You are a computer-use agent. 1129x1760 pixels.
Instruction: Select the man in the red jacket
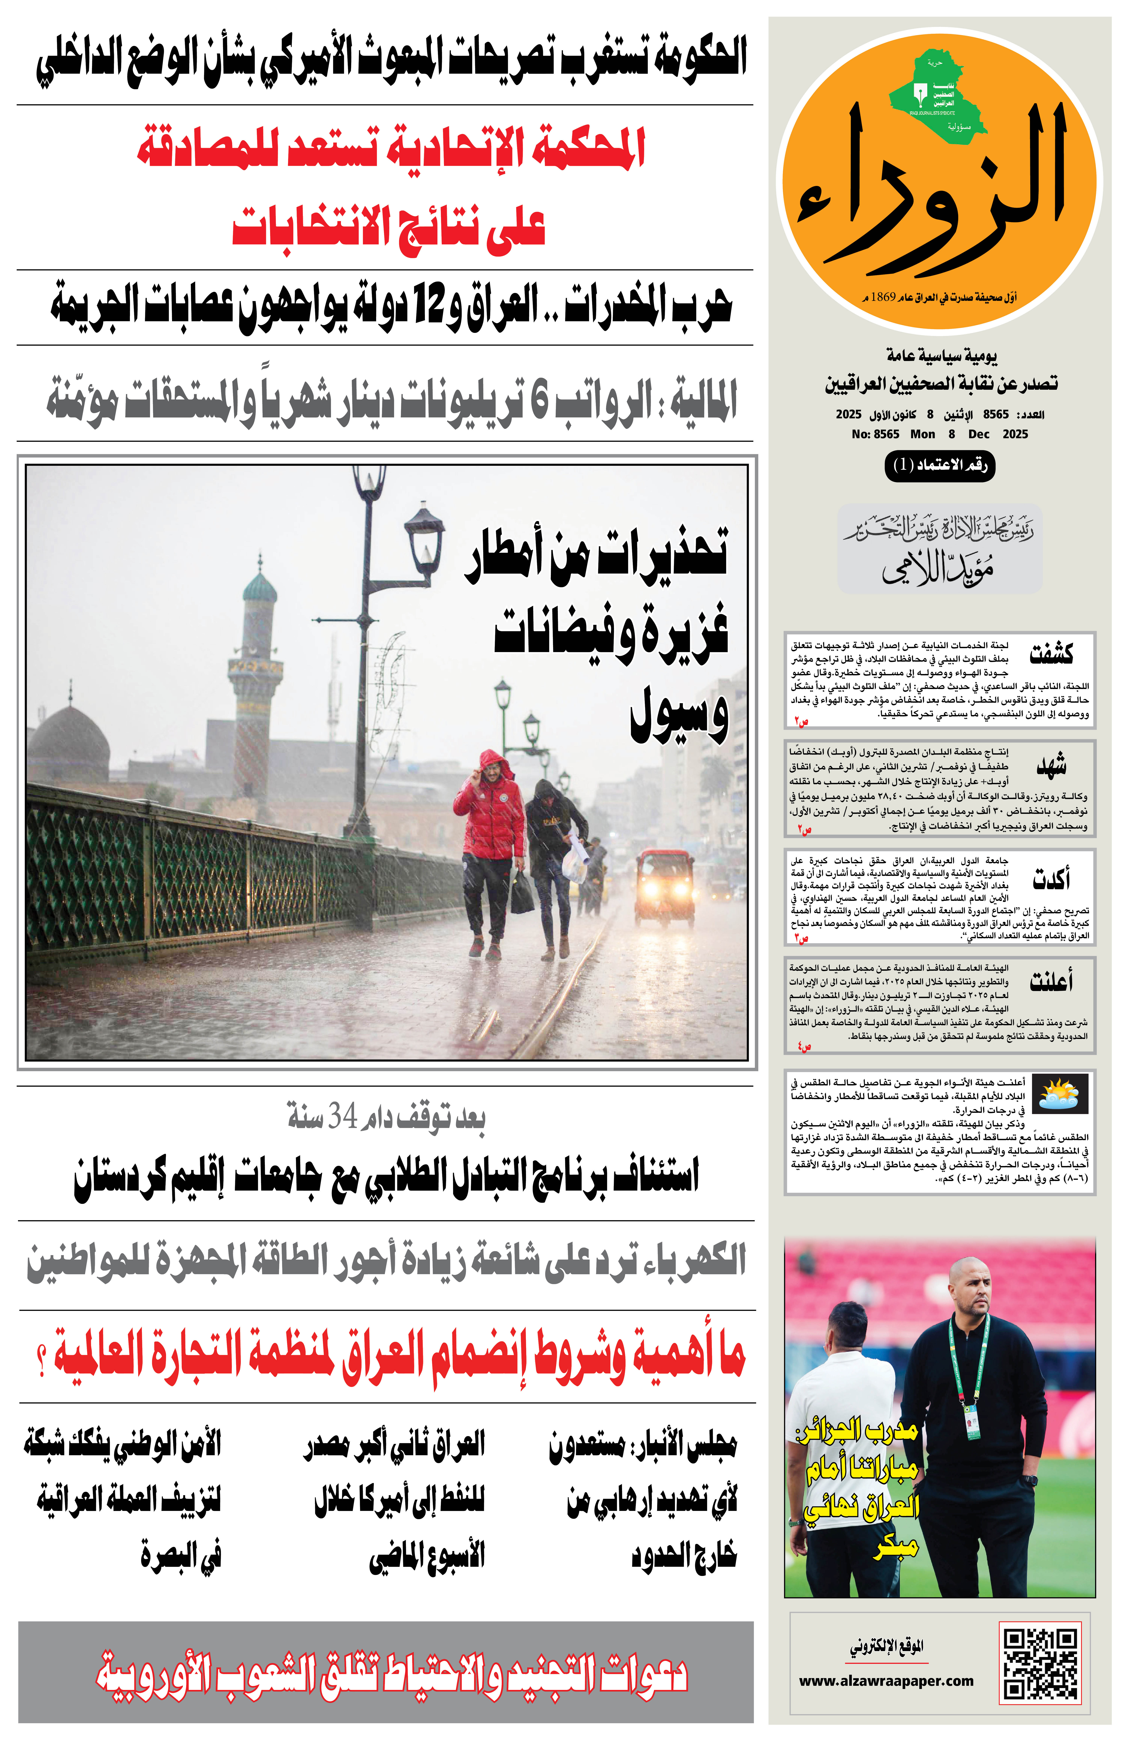[x=489, y=850]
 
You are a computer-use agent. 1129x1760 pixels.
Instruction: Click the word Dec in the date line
[x=979, y=434]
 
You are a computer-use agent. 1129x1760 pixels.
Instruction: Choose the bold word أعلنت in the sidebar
[x=1050, y=980]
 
